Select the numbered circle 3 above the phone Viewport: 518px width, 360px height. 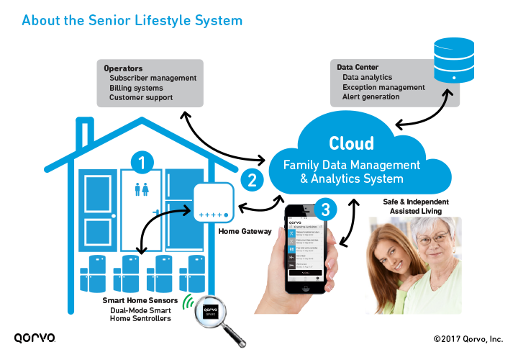point(326,210)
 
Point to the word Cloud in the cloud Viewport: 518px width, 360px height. point(351,143)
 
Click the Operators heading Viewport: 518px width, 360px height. point(124,68)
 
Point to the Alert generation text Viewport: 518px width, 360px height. point(371,96)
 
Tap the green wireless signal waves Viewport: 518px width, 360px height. point(188,301)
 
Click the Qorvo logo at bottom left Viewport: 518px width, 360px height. point(35,337)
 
